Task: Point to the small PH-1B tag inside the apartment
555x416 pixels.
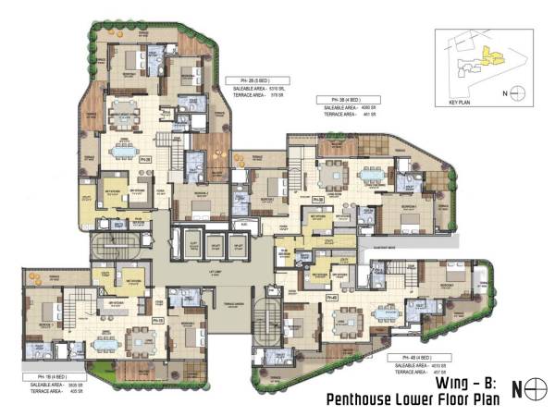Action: [x=159, y=319]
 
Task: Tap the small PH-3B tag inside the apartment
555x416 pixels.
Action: [x=317, y=198]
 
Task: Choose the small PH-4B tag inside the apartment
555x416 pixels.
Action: [x=331, y=299]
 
